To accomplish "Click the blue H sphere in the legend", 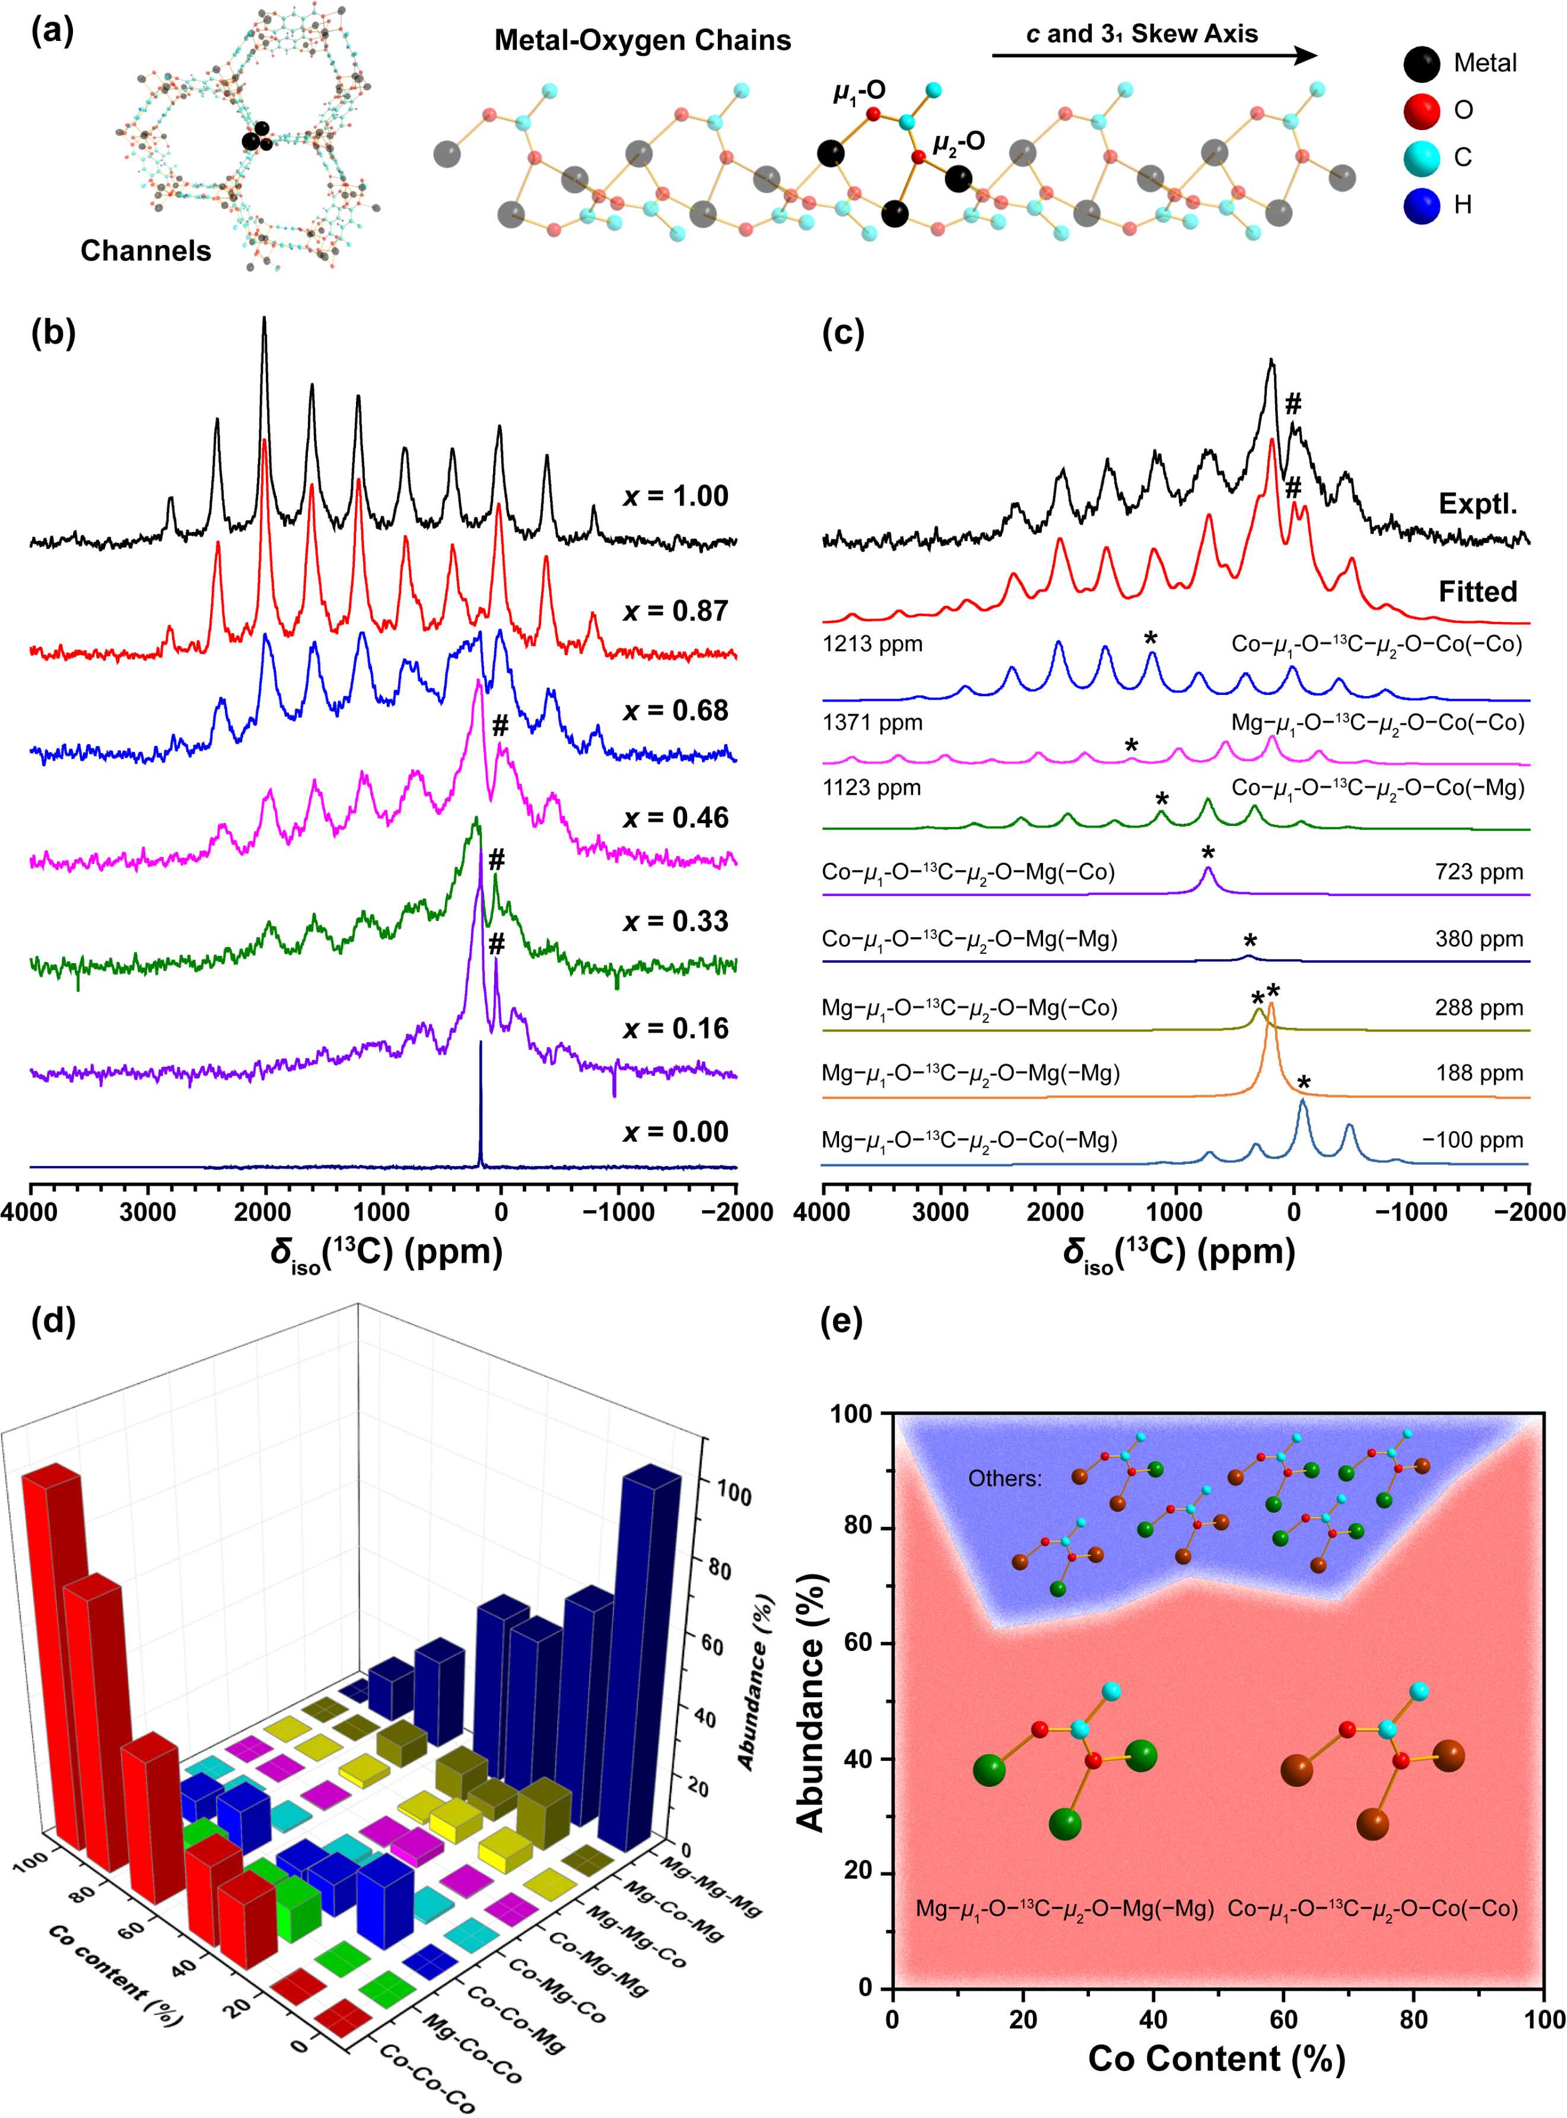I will [1422, 205].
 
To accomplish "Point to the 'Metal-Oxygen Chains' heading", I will [642, 41].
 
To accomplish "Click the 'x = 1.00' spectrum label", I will [675, 496].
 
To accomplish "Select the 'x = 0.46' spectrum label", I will [675, 818].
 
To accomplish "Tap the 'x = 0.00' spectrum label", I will [675, 1132].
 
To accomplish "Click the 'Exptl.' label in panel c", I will [1477, 504].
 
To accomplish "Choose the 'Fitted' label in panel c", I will [1477, 592].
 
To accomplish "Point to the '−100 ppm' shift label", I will [1472, 1140].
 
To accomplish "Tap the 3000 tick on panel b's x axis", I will [147, 1213].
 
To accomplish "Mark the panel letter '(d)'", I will [53, 1321].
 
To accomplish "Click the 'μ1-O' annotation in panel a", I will [859, 91].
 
